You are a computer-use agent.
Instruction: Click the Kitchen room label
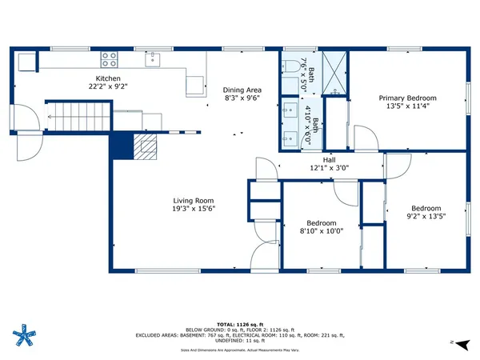pos(109,78)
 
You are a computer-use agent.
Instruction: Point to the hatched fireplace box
pos(145,146)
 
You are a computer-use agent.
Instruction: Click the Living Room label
pos(194,201)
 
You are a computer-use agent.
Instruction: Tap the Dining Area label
pos(242,90)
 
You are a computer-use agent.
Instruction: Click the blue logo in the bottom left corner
pos(26,334)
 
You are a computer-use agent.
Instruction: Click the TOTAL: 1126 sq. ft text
pos(241,322)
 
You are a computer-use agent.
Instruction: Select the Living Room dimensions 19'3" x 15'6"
pos(194,209)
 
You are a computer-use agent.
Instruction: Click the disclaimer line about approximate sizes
pos(241,350)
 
